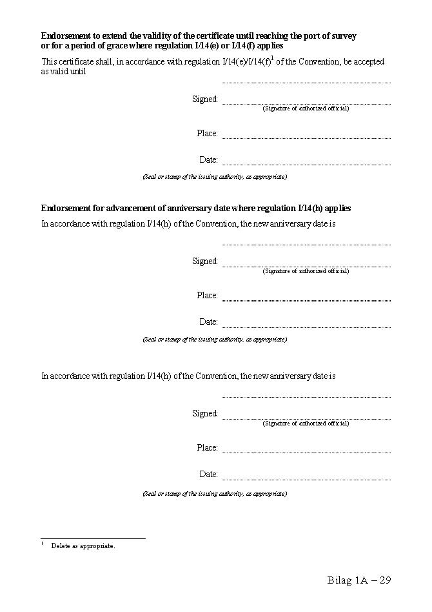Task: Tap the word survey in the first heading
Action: point(342,36)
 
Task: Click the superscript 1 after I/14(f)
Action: point(273,59)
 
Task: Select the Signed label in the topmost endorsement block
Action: point(205,99)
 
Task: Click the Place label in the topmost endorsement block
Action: point(207,134)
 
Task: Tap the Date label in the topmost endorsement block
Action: point(208,160)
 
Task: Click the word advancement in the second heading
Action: point(132,209)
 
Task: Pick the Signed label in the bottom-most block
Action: point(205,414)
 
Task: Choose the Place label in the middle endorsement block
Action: point(207,296)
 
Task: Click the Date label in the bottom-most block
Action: point(208,474)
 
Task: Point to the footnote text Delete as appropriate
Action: point(83,546)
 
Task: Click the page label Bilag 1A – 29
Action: point(358,580)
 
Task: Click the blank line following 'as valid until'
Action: point(306,82)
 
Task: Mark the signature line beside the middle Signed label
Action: point(306,266)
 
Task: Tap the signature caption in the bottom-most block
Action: point(306,423)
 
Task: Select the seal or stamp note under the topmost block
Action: point(215,177)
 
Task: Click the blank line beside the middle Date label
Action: point(306,327)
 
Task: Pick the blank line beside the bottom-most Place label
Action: point(306,452)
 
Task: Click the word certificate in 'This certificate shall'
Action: point(79,62)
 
